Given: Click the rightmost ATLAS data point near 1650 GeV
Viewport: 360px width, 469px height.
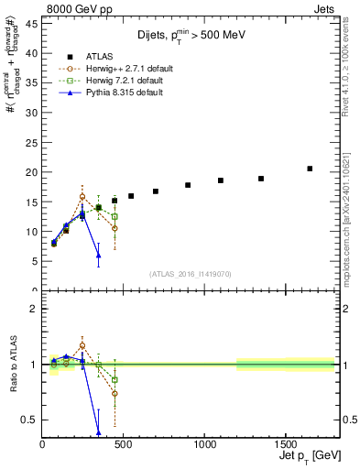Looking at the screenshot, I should point(310,169).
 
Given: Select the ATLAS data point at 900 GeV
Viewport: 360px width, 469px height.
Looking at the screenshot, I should point(188,185).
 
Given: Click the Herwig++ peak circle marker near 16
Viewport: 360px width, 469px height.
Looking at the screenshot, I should point(82,196).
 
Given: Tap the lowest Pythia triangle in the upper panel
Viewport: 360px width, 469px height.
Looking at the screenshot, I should point(98,255).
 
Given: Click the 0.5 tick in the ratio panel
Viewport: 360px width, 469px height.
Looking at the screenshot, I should point(30,420).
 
